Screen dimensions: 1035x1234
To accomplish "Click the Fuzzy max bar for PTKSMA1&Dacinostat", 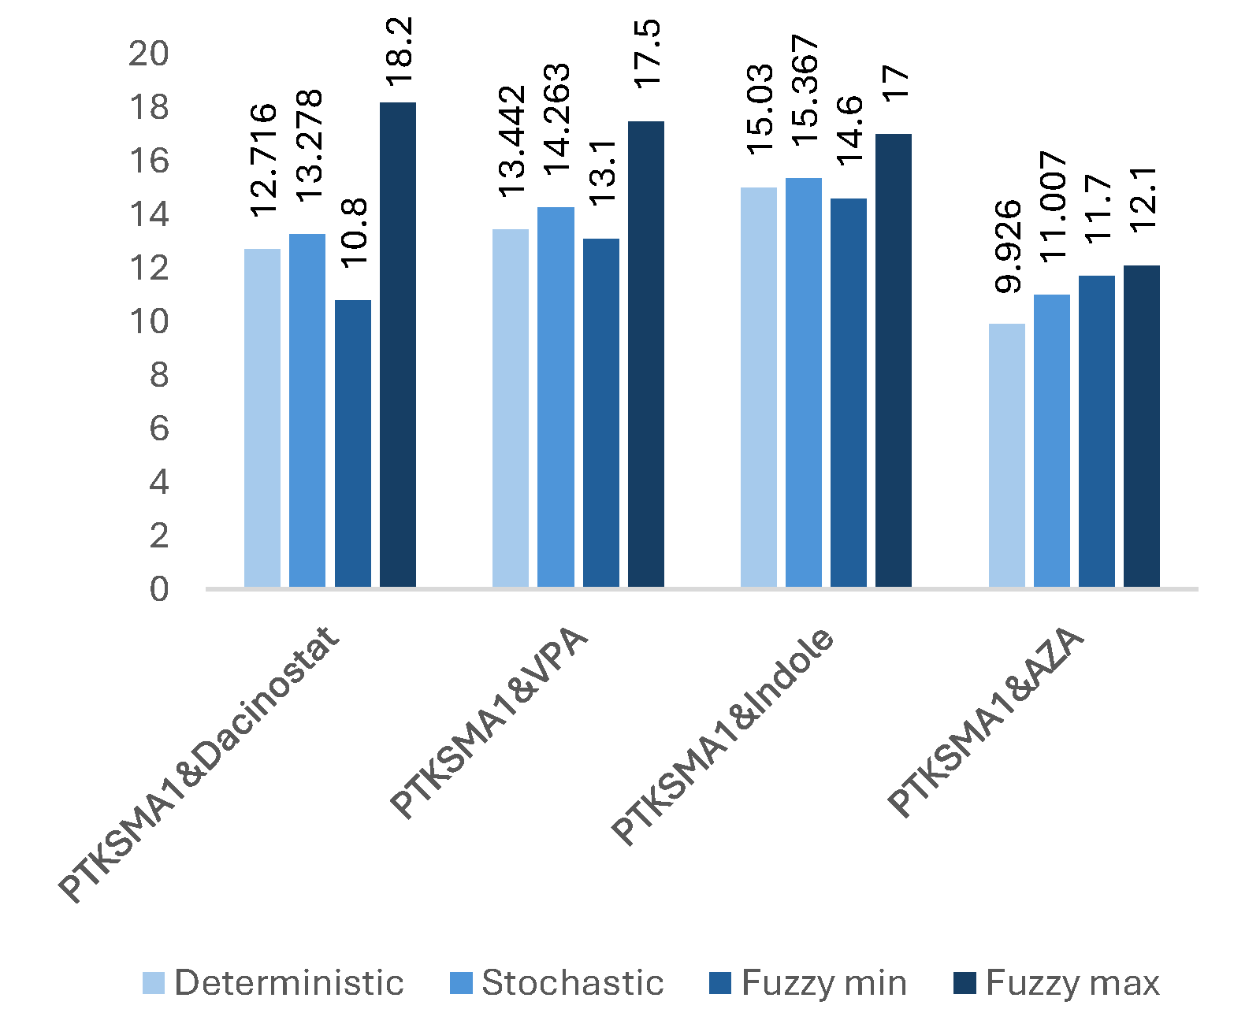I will [398, 344].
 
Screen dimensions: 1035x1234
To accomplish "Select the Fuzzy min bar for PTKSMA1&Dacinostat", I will [352, 443].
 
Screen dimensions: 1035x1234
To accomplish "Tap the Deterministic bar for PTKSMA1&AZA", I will [1006, 455].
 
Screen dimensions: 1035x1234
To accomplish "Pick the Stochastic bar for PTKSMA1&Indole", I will [803, 383].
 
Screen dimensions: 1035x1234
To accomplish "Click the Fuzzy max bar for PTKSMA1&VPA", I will [646, 354].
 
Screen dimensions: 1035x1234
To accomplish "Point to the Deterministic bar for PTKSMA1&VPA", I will [510, 408].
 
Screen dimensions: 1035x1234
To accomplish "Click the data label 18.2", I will [399, 52].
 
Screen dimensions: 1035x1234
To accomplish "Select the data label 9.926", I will [1007, 247].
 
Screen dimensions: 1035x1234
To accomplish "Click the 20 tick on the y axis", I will [148, 54].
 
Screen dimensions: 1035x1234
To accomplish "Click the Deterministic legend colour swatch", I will [154, 983].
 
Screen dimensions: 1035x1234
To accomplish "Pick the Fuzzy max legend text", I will [1072, 983].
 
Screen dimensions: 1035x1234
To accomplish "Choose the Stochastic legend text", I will [573, 983].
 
